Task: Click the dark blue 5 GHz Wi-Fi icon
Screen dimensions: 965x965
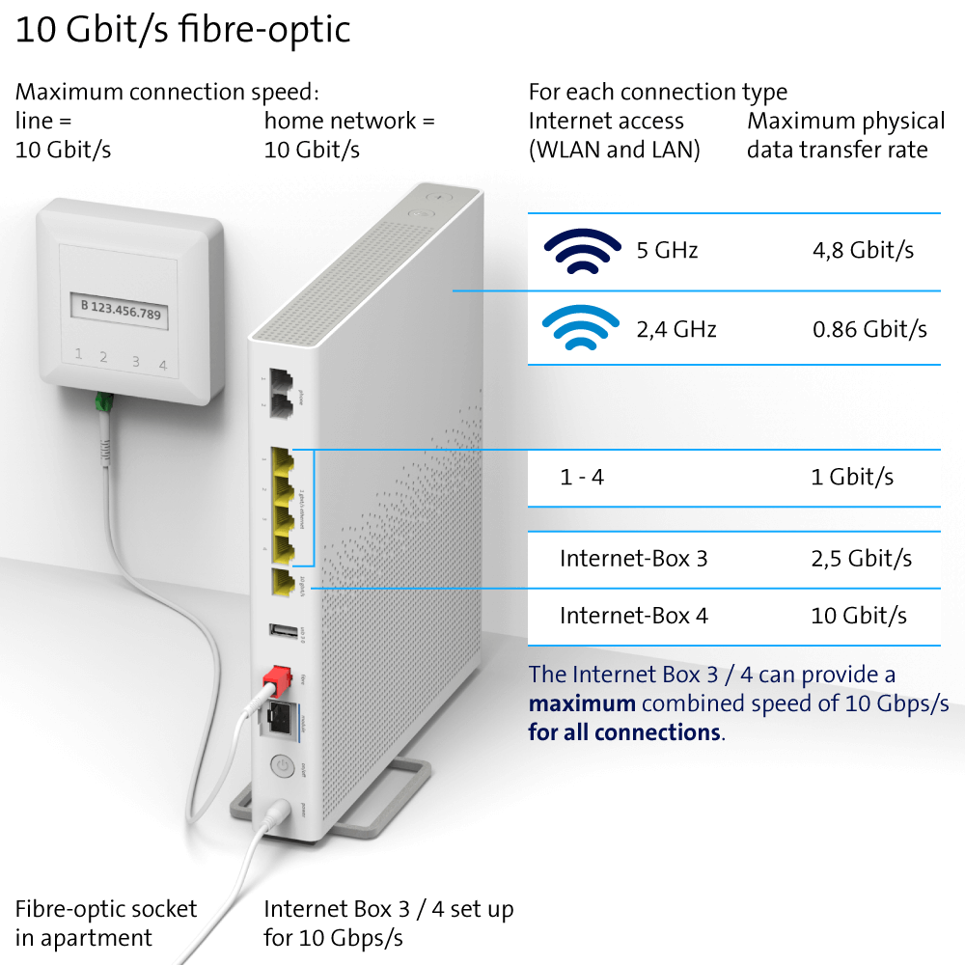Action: (582, 252)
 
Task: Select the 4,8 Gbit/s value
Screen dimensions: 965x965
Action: (863, 251)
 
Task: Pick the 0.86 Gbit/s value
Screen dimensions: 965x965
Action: (869, 329)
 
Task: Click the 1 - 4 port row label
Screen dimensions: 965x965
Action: (582, 477)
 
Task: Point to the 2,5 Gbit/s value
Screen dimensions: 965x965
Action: (861, 559)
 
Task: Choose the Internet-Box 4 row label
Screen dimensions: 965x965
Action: (633, 616)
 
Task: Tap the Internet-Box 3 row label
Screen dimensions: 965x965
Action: (633, 559)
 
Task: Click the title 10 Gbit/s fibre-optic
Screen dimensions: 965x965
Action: (182, 30)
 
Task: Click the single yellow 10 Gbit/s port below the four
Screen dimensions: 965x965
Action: (283, 583)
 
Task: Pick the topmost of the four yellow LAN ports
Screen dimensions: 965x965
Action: (283, 459)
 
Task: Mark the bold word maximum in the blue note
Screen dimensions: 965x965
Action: (581, 703)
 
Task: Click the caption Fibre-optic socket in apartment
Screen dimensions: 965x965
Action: (105, 923)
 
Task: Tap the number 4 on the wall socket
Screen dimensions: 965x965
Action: (163, 363)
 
